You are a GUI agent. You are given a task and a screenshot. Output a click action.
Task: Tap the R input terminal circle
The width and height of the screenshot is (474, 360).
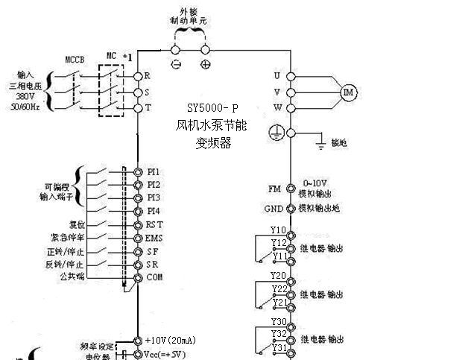pos(138,76)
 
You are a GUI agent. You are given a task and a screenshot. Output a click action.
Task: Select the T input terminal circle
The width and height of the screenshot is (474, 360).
pos(138,108)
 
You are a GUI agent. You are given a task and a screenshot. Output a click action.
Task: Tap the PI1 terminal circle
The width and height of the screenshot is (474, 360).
pos(138,171)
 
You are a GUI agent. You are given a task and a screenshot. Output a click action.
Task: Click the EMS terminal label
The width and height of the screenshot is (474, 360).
pos(154,237)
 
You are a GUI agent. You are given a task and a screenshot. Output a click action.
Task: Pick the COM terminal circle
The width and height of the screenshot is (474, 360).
pos(138,277)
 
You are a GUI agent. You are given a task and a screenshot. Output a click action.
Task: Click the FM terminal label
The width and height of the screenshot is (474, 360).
pos(274,190)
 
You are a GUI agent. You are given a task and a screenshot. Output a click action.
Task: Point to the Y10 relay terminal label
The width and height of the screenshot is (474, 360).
pos(278,230)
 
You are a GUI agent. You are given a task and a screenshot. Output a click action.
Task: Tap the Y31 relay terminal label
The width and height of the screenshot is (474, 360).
pos(279,348)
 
